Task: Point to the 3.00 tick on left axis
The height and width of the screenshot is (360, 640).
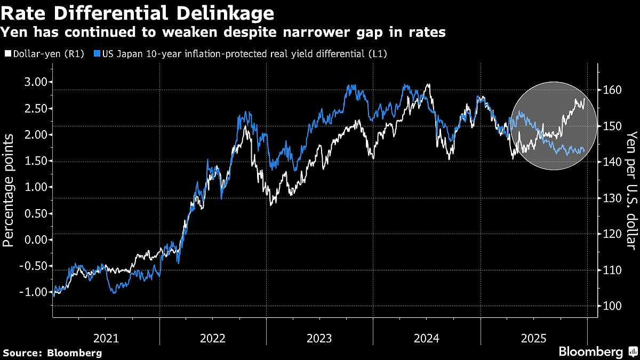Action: [36, 82]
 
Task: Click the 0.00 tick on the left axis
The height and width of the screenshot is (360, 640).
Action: [36, 240]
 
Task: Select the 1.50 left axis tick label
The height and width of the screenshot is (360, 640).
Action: [36, 161]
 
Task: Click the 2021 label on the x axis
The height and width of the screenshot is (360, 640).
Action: [106, 338]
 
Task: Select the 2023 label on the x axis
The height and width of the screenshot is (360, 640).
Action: [319, 338]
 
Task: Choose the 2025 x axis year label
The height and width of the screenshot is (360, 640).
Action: [534, 338]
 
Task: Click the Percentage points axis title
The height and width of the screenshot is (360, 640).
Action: [9, 191]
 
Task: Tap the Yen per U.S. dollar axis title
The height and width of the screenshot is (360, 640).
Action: [631, 191]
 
